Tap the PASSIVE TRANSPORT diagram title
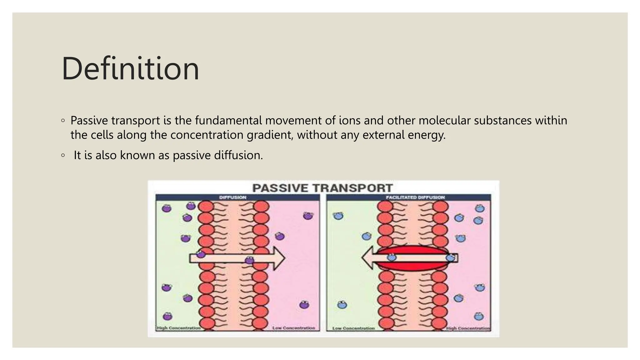coord(322,188)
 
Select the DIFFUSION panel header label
coord(233,197)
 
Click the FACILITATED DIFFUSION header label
coord(415,197)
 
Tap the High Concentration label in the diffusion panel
coord(178,328)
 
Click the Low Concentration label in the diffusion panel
coord(294,328)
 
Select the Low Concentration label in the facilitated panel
coord(353,328)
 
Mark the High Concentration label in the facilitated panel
coord(468,328)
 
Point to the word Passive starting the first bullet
coord(89,120)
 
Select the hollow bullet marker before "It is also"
coord(63,155)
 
